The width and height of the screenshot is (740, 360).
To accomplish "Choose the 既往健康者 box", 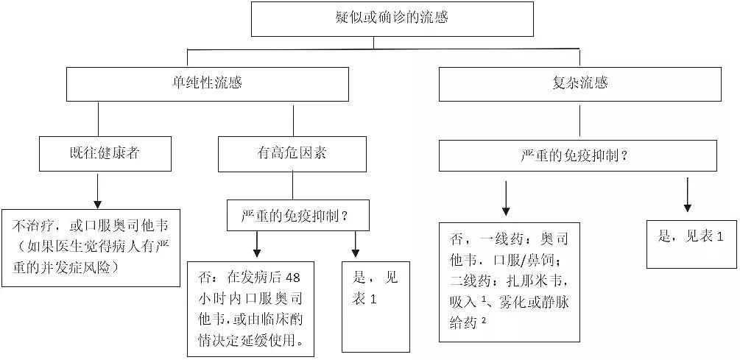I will coord(99,154).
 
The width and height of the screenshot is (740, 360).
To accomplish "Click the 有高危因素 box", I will coord(293,154).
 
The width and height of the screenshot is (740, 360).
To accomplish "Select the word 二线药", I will coord(468,281).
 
